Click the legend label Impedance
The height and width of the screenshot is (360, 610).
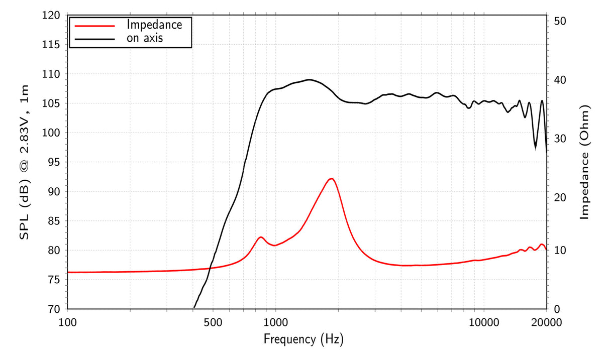[x=154, y=24]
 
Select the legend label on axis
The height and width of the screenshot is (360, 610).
[x=145, y=38]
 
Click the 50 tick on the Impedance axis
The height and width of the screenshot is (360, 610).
[x=560, y=21]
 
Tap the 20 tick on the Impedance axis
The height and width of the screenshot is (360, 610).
[x=560, y=197]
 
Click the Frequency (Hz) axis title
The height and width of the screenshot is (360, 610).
[x=303, y=339]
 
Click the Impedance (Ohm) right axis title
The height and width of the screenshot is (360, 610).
[x=584, y=162]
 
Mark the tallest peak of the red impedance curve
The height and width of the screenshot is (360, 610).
[x=331, y=178]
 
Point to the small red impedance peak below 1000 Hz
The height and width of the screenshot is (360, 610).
[x=261, y=237]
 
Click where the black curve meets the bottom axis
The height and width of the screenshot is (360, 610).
[x=194, y=307]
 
